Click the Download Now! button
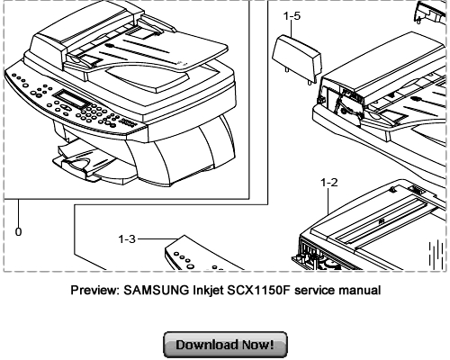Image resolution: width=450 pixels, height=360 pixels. point(224,344)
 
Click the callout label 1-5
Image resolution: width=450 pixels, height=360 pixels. point(292,15)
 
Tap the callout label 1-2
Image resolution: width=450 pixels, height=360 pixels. point(328,182)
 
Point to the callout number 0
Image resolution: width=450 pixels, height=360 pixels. point(19,230)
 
